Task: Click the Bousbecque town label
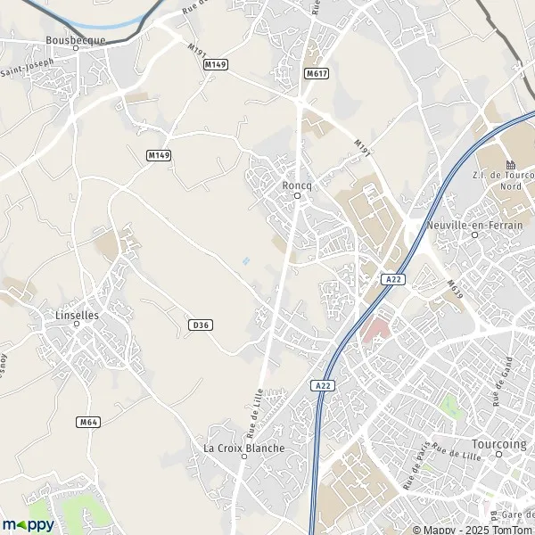coord(75,40)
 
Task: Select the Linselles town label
coord(76,315)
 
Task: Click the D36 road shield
coord(201,325)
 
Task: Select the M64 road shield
coord(86,422)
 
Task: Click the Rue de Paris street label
coord(416,464)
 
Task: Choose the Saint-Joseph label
coord(27,68)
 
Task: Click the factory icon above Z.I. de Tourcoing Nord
coord(511,165)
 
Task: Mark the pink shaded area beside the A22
coord(376,331)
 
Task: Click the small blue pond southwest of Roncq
coord(246,261)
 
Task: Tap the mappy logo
coord(28,524)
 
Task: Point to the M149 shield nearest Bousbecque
coord(214,64)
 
